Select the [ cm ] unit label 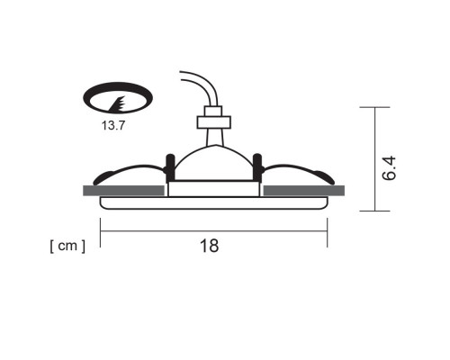(x=67, y=245)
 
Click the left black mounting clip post (x=168, y=168)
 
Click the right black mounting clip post (x=257, y=168)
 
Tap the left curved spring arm (x=126, y=171)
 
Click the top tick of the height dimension (x=375, y=107)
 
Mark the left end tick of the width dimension (x=100, y=231)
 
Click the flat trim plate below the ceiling (x=213, y=204)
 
